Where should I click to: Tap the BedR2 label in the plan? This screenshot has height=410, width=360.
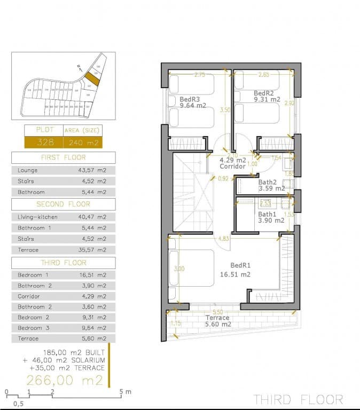[248, 92]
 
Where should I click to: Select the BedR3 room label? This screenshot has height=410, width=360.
[190, 99]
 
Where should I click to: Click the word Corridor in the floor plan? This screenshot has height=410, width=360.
[233, 167]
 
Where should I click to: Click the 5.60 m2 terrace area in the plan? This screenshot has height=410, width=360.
[218, 324]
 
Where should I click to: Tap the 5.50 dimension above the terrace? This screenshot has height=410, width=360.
[217, 312]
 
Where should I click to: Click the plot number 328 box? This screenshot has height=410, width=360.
[43, 142]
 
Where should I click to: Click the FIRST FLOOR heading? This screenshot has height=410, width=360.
[63, 157]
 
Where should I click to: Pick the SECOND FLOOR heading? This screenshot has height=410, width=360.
[63, 204]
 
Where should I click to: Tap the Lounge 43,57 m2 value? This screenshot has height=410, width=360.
[92, 170]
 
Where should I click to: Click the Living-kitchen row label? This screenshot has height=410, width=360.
[37, 217]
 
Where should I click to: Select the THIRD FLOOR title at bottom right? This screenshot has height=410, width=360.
[298, 399]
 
